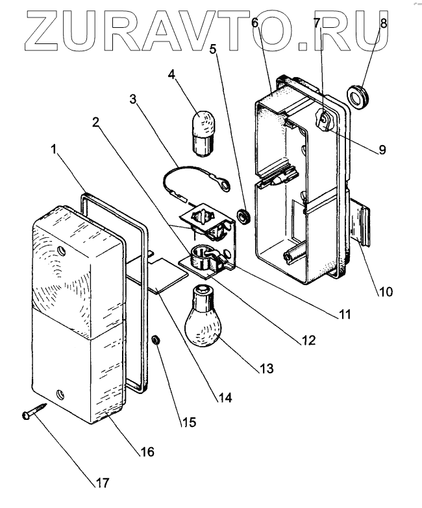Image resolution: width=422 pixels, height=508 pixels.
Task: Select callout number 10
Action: point(386,291)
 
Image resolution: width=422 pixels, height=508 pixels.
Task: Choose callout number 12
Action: point(306,339)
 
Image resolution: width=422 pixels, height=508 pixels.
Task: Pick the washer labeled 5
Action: point(243,215)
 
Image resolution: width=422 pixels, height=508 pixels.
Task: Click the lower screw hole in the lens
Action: point(60,393)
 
